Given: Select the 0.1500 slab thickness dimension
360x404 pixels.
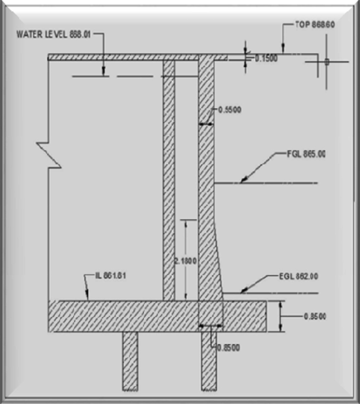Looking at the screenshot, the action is click(266, 58).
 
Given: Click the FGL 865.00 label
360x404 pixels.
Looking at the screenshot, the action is click(306, 155).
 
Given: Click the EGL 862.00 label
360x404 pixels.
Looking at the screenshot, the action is click(299, 276).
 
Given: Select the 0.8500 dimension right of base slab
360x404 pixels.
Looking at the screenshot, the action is click(315, 316).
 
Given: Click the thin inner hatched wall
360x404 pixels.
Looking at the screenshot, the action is click(169, 179).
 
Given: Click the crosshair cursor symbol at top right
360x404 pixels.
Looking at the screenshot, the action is click(326, 62).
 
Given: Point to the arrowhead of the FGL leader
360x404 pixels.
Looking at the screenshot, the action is click(242, 181).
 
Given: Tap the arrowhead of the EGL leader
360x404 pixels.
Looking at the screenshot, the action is click(241, 290).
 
